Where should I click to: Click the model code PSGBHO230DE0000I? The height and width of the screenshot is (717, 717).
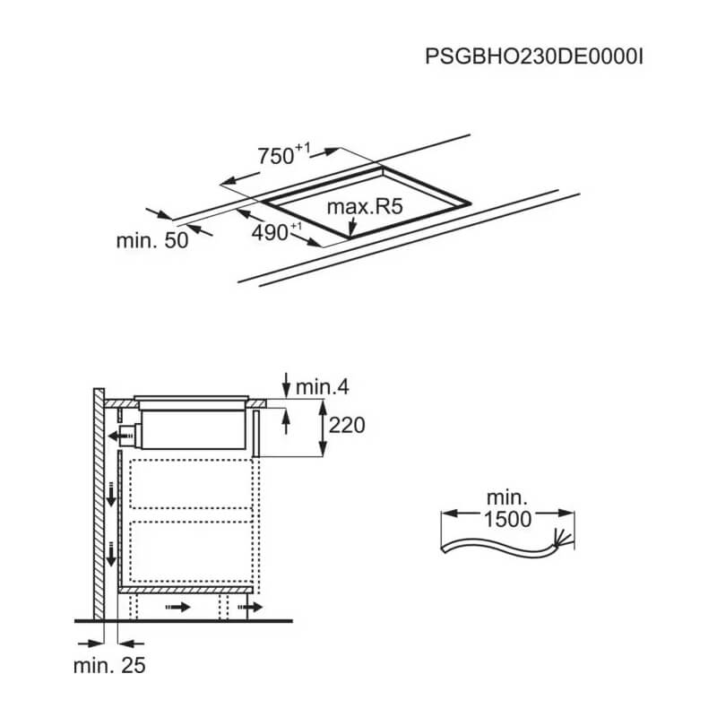533,57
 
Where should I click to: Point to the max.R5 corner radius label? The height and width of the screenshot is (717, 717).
365,207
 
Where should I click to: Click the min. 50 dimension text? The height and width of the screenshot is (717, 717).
152,240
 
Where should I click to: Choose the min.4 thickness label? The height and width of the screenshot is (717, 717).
323,387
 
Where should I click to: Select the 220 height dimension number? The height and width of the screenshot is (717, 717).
347,425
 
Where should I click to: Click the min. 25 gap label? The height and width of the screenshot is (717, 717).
109,665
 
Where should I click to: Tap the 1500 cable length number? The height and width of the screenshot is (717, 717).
507,520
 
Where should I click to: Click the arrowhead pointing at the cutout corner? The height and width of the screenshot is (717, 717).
351,228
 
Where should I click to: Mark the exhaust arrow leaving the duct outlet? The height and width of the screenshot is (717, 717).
120,436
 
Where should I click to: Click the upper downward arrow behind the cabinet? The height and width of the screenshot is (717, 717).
111,494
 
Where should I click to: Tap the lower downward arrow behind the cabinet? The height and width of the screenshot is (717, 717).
111,553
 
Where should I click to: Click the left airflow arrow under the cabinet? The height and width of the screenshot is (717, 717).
177,608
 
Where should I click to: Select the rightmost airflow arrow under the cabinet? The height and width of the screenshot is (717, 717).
250,608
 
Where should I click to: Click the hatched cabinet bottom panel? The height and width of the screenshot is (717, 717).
186,591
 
